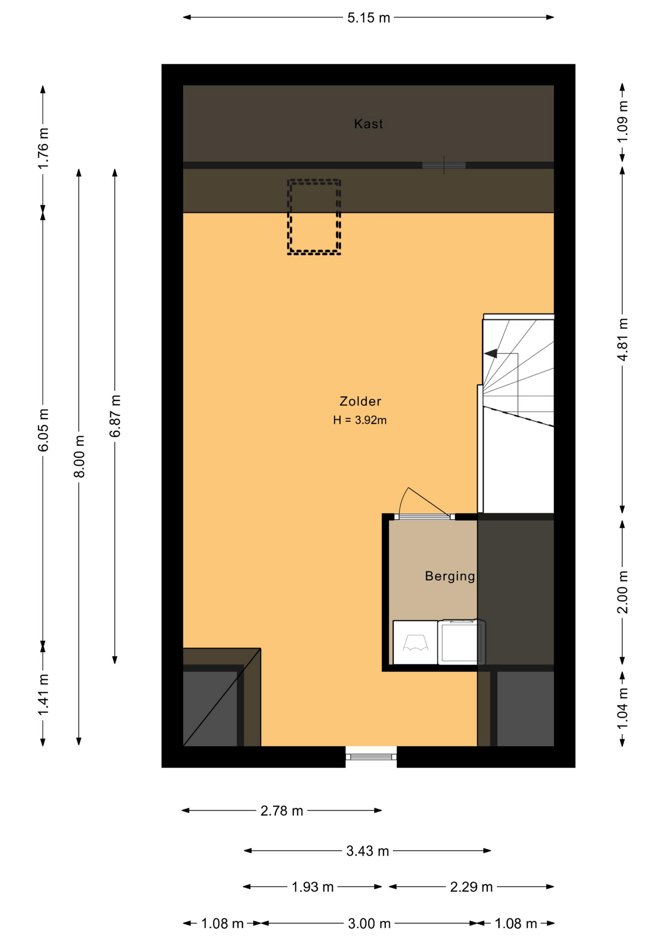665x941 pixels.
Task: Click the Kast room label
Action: [368, 124]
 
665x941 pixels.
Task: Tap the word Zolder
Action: [360, 401]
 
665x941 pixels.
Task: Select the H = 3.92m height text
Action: [360, 420]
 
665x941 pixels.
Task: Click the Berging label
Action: [450, 576]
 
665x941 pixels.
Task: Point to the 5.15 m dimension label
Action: [369, 18]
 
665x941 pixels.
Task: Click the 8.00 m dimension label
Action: [79, 456]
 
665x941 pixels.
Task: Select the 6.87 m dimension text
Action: [115, 416]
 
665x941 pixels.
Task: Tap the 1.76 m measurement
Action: [43, 148]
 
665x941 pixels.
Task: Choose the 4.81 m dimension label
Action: [622, 340]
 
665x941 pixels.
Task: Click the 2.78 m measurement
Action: [282, 811]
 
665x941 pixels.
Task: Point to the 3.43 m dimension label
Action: [368, 851]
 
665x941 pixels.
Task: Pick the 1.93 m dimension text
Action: [313, 887]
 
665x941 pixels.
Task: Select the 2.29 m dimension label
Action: [471, 887]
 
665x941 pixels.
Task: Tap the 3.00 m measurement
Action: [369, 924]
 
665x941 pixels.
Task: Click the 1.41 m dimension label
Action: [43, 694]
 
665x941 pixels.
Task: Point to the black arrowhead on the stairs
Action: [491, 353]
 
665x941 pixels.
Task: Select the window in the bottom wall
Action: [371, 757]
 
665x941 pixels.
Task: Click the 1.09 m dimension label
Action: [622, 122]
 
